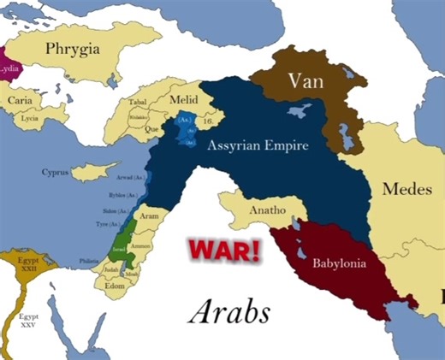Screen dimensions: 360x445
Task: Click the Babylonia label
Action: pos(340,263)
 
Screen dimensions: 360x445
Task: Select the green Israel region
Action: pos(120,243)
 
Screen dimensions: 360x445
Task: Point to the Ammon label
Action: pos(143,245)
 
